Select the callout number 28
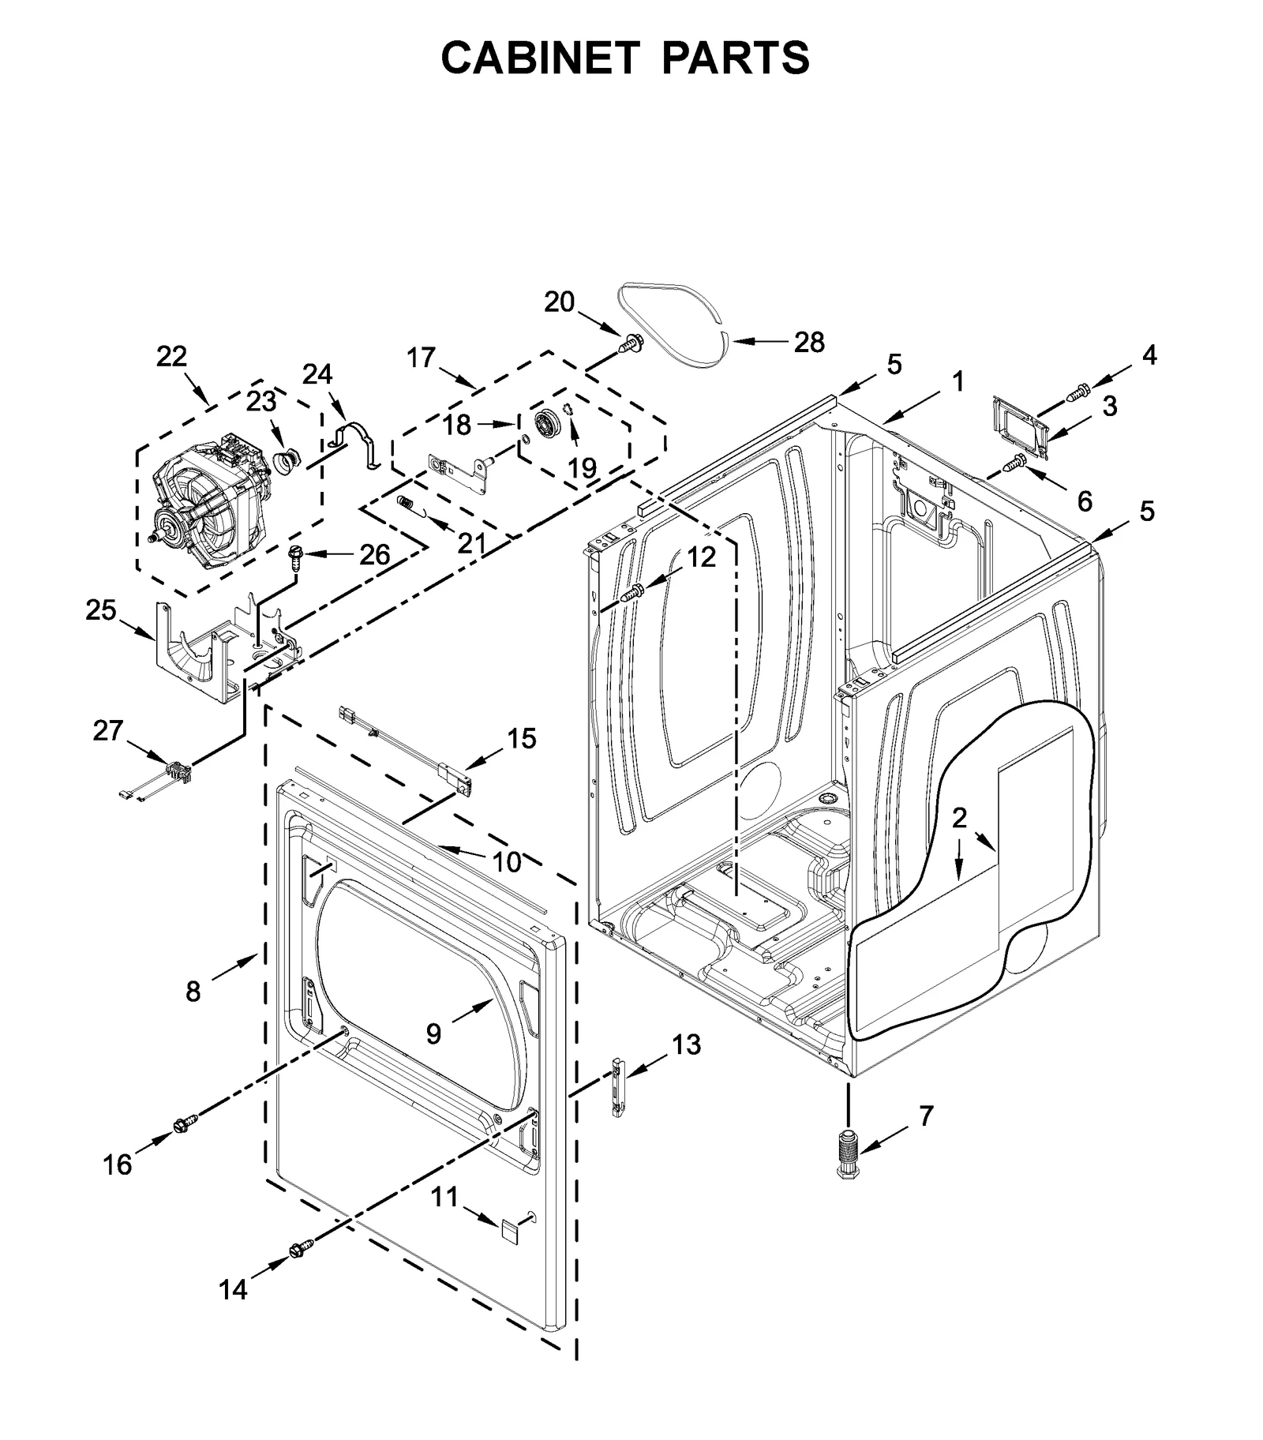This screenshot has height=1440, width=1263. (808, 342)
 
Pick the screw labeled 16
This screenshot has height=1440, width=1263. (185, 1123)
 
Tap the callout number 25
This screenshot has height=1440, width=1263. (100, 609)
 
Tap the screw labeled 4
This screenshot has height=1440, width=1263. (1078, 390)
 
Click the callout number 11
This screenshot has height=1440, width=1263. (444, 1197)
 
